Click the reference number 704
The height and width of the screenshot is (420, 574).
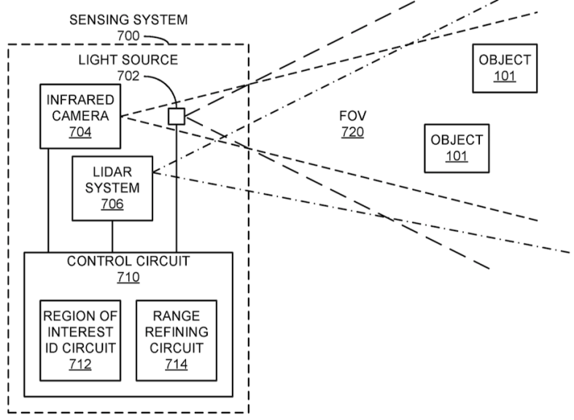point(80,133)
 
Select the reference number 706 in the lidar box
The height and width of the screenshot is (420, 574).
point(112,204)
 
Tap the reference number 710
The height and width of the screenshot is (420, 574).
point(128,277)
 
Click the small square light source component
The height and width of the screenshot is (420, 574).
point(176,116)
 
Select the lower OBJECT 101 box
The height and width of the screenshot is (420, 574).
point(457,147)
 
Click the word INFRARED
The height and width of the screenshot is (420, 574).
point(80,100)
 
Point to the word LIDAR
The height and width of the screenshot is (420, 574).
point(112,171)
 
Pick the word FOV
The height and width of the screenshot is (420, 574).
point(352,116)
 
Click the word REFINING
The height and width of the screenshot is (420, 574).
point(176,332)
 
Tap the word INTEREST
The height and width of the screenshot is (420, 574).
point(76,332)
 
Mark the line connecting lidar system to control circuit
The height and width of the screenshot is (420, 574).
point(112,236)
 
